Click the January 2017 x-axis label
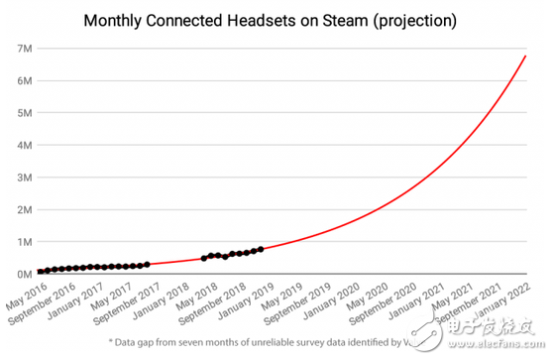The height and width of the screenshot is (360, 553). click(x=87, y=297)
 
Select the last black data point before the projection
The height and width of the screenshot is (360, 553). click(x=260, y=249)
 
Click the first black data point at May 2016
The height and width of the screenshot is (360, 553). click(x=41, y=271)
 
